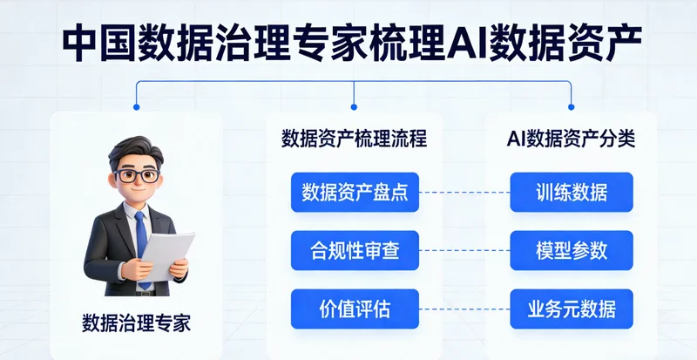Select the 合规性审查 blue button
point(355,251)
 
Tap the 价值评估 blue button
point(355,309)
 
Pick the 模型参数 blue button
point(572,251)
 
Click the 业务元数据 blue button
point(572,309)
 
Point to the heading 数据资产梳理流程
point(355,139)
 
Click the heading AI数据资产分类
point(572,139)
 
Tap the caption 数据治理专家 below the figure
point(136,323)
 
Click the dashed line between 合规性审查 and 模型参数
point(464,251)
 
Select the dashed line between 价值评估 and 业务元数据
point(464,309)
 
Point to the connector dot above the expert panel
point(136,107)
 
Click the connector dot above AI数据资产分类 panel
point(572,107)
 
